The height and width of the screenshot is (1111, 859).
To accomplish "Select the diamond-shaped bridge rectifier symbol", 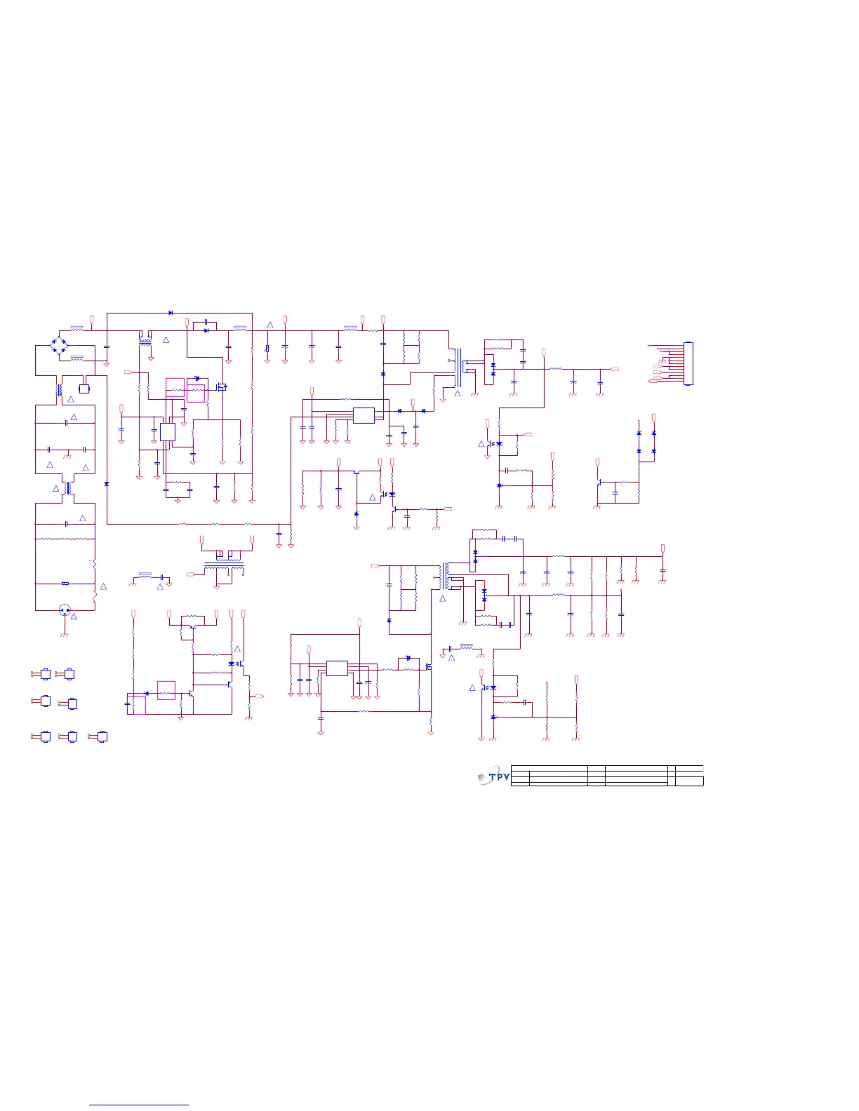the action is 59,344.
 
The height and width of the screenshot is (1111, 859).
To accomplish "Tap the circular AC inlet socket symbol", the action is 65,610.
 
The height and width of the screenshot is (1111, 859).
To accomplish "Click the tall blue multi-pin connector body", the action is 688,363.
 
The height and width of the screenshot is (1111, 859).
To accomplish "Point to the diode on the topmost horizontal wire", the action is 171,313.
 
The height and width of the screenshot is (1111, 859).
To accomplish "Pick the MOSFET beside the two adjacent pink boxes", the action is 222,386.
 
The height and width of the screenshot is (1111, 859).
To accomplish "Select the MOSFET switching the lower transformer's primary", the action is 427,666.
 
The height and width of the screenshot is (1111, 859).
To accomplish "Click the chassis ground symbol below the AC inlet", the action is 65,634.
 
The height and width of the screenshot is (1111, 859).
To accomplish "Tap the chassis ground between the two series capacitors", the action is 66,457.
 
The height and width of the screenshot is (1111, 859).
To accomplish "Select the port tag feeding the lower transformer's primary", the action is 375,565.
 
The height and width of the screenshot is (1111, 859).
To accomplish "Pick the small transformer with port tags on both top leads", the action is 225,563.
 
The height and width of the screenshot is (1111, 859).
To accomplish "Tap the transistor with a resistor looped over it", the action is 191,629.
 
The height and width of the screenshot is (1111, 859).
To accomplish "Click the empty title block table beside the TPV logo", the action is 607,776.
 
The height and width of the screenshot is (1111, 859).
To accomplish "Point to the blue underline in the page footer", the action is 139,1105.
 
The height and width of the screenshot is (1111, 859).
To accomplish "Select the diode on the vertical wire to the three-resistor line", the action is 106,484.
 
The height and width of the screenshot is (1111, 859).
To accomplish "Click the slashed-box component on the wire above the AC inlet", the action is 65,583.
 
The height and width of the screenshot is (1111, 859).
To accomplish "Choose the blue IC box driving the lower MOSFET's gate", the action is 337,668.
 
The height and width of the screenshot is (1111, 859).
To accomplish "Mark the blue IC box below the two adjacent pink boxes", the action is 167,431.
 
